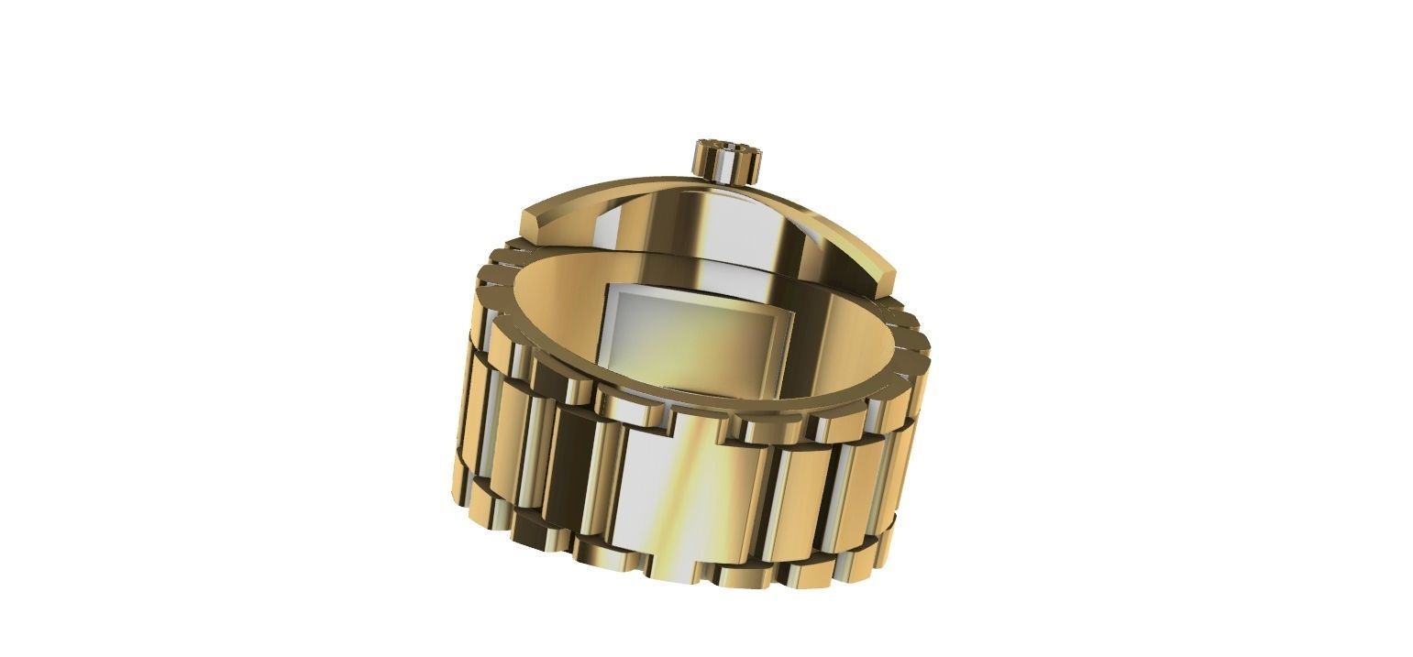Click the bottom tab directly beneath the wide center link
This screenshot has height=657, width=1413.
(675, 568)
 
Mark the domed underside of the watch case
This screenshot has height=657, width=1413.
(697, 220)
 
